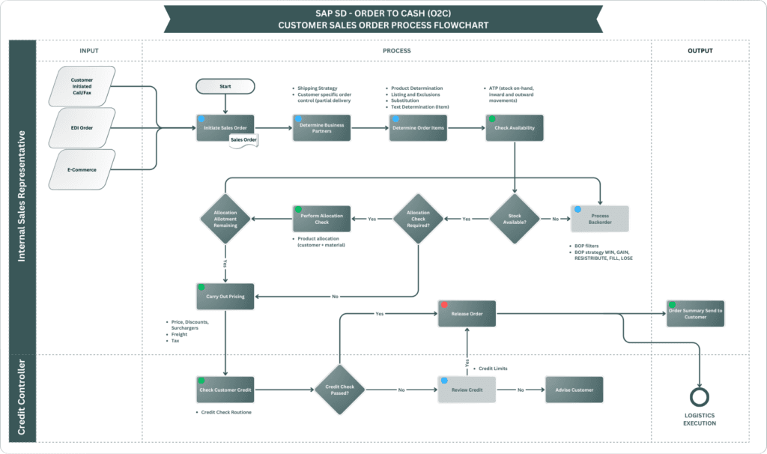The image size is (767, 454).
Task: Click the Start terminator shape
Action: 225,86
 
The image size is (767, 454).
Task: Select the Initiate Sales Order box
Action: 225,127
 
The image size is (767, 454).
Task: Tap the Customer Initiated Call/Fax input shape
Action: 82,85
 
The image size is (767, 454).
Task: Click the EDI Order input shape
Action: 82,127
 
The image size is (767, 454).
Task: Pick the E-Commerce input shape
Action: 82,169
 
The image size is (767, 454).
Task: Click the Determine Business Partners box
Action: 321,127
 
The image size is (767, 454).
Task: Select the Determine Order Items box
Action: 416,127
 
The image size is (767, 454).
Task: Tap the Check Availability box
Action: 514,127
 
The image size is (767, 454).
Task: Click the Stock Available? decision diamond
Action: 514,219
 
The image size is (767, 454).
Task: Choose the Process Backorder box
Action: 600,218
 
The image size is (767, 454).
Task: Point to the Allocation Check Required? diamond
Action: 419,219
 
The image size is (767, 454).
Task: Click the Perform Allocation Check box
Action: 321,218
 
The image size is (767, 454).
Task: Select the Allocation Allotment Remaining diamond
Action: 225,219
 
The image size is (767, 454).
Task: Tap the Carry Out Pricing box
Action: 225,296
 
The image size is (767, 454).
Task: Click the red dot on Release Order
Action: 445,306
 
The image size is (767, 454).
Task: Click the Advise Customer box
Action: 575,390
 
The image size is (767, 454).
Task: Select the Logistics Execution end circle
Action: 699,398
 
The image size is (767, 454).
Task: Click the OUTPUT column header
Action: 700,51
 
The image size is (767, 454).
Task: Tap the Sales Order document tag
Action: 244,140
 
